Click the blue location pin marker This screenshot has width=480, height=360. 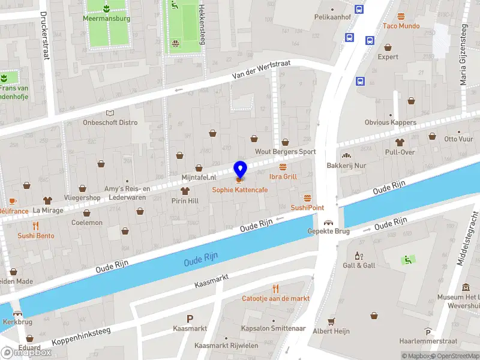click(x=240, y=170)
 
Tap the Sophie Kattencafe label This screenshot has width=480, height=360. click(x=240, y=190)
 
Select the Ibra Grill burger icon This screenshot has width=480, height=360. click(x=283, y=166)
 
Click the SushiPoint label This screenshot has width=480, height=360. click(x=307, y=208)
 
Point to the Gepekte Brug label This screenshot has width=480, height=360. click(x=328, y=232)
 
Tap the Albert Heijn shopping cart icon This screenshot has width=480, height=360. click(x=330, y=322)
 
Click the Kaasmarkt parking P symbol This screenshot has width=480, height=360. click(x=190, y=319)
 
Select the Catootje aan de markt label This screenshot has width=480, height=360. click(x=275, y=298)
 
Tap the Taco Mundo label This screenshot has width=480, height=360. click(x=401, y=26)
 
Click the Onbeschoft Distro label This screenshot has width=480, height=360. click(x=110, y=122)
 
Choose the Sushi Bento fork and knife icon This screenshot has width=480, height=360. click(x=35, y=226)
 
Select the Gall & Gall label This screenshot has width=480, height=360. click(x=359, y=265)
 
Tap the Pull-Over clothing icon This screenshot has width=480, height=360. click(x=400, y=142)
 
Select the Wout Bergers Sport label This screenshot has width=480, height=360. click(x=285, y=152)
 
